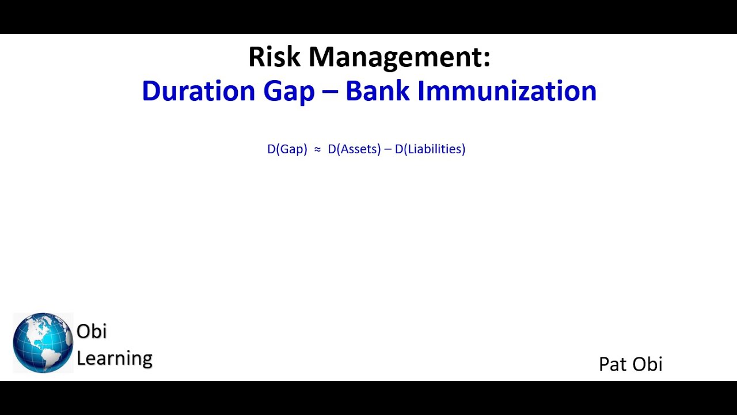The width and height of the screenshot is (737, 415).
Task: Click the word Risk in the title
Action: (x=274, y=56)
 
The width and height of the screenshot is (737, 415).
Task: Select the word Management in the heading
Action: (x=395, y=58)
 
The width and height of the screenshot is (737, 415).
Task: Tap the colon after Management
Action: (x=487, y=59)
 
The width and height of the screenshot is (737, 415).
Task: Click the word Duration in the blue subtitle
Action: (x=199, y=91)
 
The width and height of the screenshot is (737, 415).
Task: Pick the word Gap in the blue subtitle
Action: (x=289, y=92)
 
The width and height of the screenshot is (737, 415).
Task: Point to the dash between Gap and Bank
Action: (x=330, y=92)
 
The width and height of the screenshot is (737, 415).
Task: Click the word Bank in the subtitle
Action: (x=377, y=91)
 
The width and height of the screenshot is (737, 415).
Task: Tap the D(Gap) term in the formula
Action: (x=287, y=149)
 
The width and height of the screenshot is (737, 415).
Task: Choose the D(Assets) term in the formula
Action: (x=354, y=149)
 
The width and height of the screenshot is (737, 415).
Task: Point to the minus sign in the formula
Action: (x=388, y=150)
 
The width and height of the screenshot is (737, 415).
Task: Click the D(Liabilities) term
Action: (x=430, y=149)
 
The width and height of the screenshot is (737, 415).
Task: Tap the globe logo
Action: (x=43, y=343)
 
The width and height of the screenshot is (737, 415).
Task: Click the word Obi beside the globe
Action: (x=92, y=331)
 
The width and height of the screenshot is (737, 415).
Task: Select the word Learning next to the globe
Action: (x=115, y=359)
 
